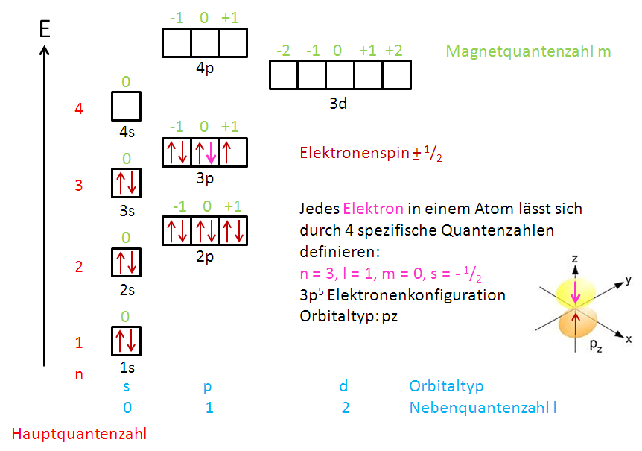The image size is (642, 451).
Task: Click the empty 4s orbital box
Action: (x=126, y=107)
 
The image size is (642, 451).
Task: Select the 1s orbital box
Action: (x=126, y=341)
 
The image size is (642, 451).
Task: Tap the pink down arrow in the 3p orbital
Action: (x=211, y=152)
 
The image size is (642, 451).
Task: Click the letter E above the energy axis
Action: (x=45, y=30)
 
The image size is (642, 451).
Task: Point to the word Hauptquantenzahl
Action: (x=79, y=433)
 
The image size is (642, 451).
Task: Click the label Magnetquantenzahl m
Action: (x=528, y=51)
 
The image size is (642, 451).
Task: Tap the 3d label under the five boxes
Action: (x=338, y=104)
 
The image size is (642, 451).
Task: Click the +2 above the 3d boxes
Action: (x=393, y=51)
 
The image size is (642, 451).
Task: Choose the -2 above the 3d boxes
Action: (x=283, y=51)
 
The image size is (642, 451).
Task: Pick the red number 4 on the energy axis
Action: (x=79, y=109)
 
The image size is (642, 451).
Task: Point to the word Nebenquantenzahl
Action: (x=477, y=408)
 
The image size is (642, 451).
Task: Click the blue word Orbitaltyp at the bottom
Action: (x=446, y=386)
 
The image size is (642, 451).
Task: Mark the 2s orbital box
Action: (x=126, y=262)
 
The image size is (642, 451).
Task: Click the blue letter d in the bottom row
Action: (x=343, y=386)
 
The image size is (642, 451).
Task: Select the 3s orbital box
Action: (x=126, y=183)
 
